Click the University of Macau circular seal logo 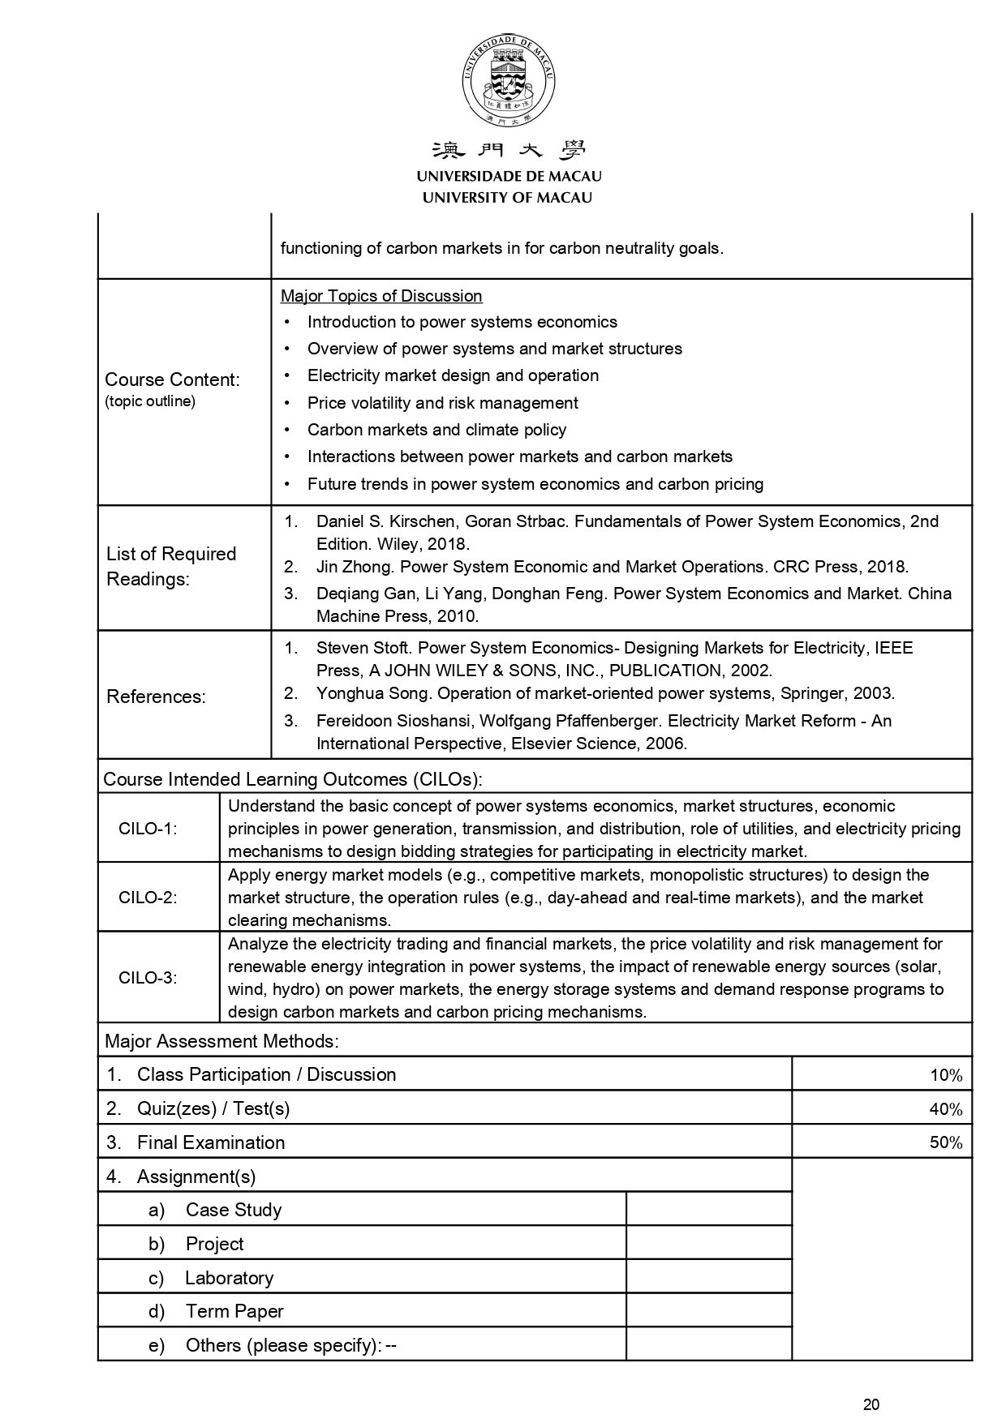(508, 82)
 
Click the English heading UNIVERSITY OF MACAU (508, 197)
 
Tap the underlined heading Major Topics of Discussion (381, 296)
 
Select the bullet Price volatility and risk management (442, 403)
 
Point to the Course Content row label (172, 379)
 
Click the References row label (156, 696)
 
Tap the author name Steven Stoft (362, 648)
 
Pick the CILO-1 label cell (148, 829)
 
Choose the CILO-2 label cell (148, 898)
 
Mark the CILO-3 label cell (148, 977)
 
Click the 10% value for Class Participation (945, 1075)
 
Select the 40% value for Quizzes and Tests (945, 1109)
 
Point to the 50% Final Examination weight (945, 1143)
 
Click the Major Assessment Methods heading (221, 1041)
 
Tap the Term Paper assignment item (234, 1311)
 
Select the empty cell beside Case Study (708, 1210)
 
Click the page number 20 (871, 1404)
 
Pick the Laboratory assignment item (229, 1278)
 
